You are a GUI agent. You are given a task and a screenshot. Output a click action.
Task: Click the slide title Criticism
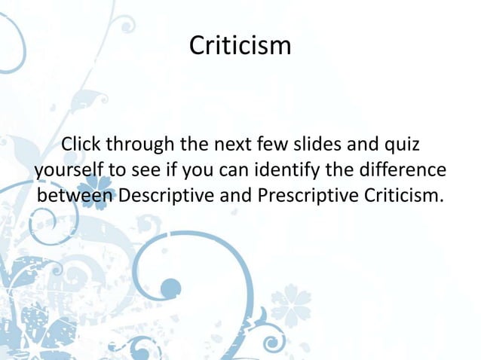240,46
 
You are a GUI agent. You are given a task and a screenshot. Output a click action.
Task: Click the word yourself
70,169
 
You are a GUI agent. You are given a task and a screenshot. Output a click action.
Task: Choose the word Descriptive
167,195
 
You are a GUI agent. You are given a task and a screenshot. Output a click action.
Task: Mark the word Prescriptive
308,195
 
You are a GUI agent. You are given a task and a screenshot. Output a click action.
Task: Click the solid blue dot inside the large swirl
171,287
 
